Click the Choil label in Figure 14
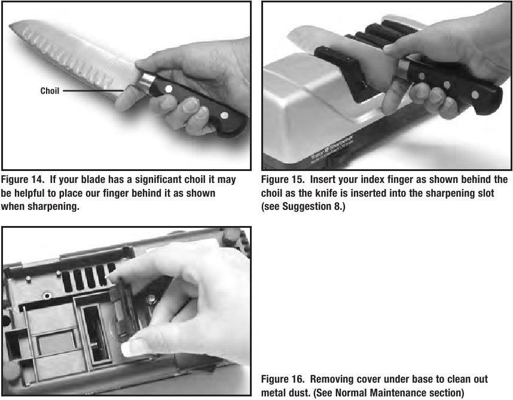click(50, 91)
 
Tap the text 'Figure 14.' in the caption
click(22, 179)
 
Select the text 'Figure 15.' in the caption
click(283, 179)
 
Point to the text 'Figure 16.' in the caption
click(283, 380)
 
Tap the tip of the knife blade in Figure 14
click(10, 25)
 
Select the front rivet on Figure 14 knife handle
click(169, 88)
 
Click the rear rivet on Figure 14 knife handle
click(224, 115)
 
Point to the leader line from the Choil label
click(93, 91)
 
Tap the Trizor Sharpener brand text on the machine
click(332, 149)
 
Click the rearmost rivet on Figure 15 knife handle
click(475, 96)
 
